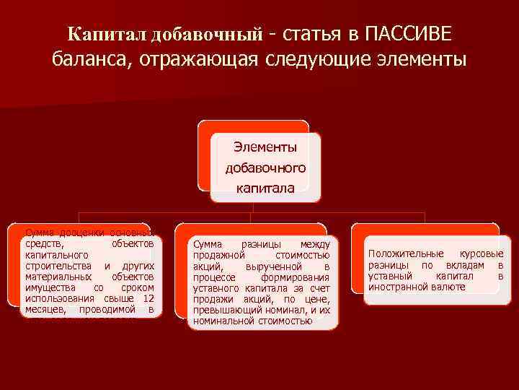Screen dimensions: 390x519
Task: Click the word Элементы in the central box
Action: (x=265, y=147)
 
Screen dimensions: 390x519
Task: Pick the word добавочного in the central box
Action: (x=265, y=168)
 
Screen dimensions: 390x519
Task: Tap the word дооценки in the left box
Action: (x=74, y=233)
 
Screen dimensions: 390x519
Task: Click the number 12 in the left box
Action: (x=148, y=298)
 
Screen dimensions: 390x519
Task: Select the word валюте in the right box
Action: (x=449, y=287)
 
